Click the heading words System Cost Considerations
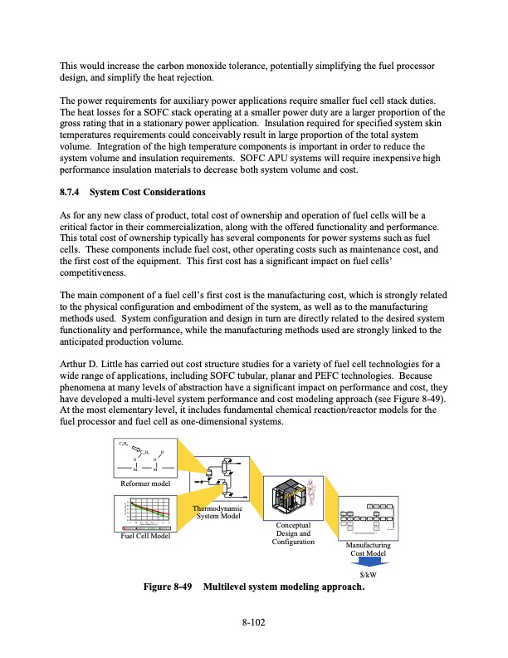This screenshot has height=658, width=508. click(147, 193)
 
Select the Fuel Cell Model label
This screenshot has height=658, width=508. click(144, 536)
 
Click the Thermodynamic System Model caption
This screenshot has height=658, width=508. click(217, 513)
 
